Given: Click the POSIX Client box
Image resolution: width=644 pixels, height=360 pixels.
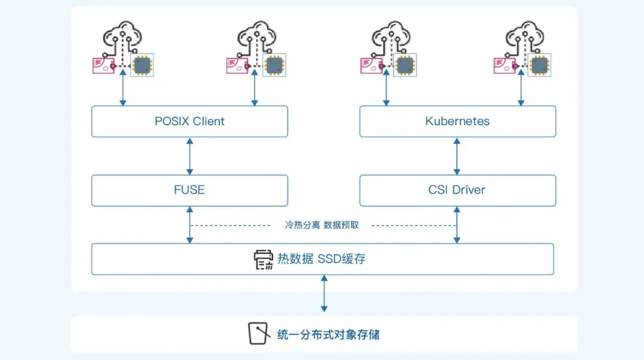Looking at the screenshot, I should (x=189, y=122).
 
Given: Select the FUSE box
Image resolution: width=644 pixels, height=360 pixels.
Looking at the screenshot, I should (x=189, y=190).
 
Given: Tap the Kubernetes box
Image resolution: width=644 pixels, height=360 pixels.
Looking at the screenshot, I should (x=457, y=122).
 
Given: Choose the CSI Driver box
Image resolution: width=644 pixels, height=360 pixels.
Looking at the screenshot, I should (x=457, y=190).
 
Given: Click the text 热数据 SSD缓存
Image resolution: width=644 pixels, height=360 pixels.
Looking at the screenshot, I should (x=321, y=259).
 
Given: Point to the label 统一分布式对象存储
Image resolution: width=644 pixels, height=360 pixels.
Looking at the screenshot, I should (x=329, y=334).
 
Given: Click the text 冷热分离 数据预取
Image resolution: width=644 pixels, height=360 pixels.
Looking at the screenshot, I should (x=321, y=225).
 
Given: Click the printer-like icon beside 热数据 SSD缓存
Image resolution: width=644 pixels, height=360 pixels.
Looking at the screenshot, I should (x=264, y=259).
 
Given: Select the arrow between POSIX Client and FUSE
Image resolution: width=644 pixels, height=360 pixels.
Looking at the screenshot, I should (x=190, y=156).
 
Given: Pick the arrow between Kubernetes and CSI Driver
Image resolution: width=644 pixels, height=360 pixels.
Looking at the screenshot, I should (x=457, y=156).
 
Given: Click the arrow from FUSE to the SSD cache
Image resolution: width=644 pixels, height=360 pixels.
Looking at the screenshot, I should (x=190, y=225).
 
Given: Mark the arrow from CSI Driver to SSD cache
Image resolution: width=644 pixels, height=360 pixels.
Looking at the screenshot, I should (x=457, y=225).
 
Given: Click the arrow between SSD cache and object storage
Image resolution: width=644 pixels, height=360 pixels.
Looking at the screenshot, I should (x=324, y=293).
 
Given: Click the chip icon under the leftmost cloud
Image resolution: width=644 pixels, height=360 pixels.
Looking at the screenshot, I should (x=142, y=65).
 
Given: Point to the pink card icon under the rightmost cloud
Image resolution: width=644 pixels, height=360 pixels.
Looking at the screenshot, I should (x=504, y=66).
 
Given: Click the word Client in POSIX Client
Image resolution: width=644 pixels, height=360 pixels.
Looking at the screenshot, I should (x=209, y=122).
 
